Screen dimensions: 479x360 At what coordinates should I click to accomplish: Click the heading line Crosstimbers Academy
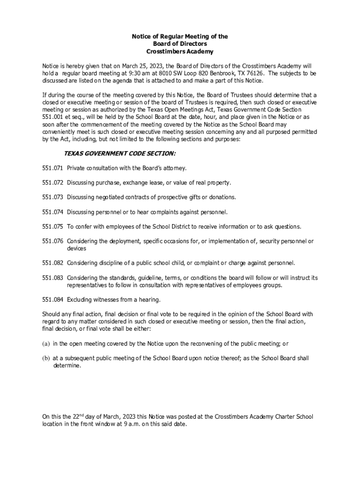(x=180, y=51)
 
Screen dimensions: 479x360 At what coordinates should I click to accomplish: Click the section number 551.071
(x=52, y=167)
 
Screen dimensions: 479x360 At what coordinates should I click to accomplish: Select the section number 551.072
(x=52, y=182)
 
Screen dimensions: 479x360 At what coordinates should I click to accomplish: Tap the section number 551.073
(x=52, y=197)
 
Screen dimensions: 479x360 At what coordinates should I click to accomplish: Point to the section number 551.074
(x=52, y=212)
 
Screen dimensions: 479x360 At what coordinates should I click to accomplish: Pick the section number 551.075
(x=52, y=226)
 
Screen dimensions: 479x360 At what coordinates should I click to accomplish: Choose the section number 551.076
(x=52, y=241)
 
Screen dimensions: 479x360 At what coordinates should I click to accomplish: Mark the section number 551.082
(x=52, y=263)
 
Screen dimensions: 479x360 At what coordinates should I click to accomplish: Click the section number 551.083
(x=52, y=278)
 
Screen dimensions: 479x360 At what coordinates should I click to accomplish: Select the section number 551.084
(x=52, y=299)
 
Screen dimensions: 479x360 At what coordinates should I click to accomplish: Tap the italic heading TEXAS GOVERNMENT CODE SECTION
(x=120, y=153)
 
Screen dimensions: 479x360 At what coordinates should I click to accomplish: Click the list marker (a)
(x=46, y=343)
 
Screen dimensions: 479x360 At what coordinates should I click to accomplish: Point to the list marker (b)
(x=46, y=358)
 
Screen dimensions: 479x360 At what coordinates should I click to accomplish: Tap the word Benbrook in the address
(x=226, y=73)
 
